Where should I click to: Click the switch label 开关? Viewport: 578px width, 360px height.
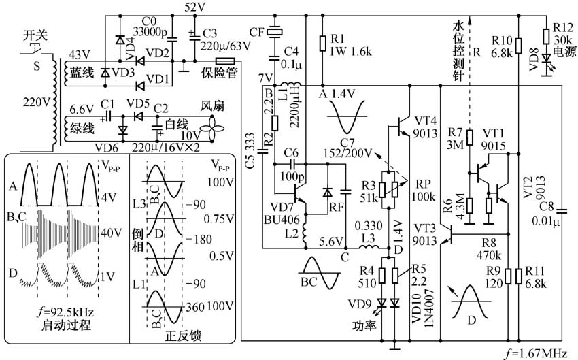(34, 33)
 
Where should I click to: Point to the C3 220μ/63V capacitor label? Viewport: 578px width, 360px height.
(220, 39)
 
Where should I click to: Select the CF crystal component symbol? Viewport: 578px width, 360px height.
(275, 31)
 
